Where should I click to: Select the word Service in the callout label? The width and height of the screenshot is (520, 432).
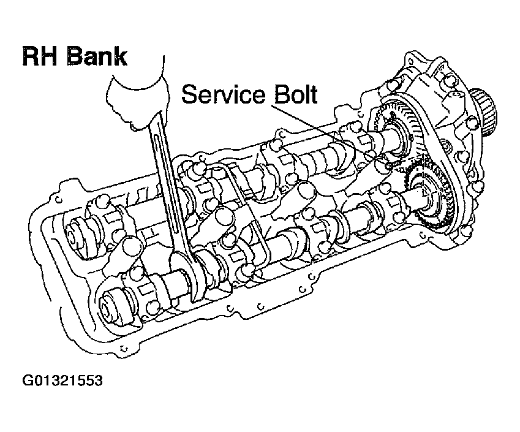[224, 95]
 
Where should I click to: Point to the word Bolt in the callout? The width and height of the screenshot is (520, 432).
[295, 95]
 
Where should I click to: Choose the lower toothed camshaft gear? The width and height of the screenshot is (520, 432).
[429, 190]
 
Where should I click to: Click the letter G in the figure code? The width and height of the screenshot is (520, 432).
[28, 381]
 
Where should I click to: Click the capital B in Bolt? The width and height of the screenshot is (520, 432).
[279, 95]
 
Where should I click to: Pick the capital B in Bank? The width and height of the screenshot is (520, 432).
[76, 56]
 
